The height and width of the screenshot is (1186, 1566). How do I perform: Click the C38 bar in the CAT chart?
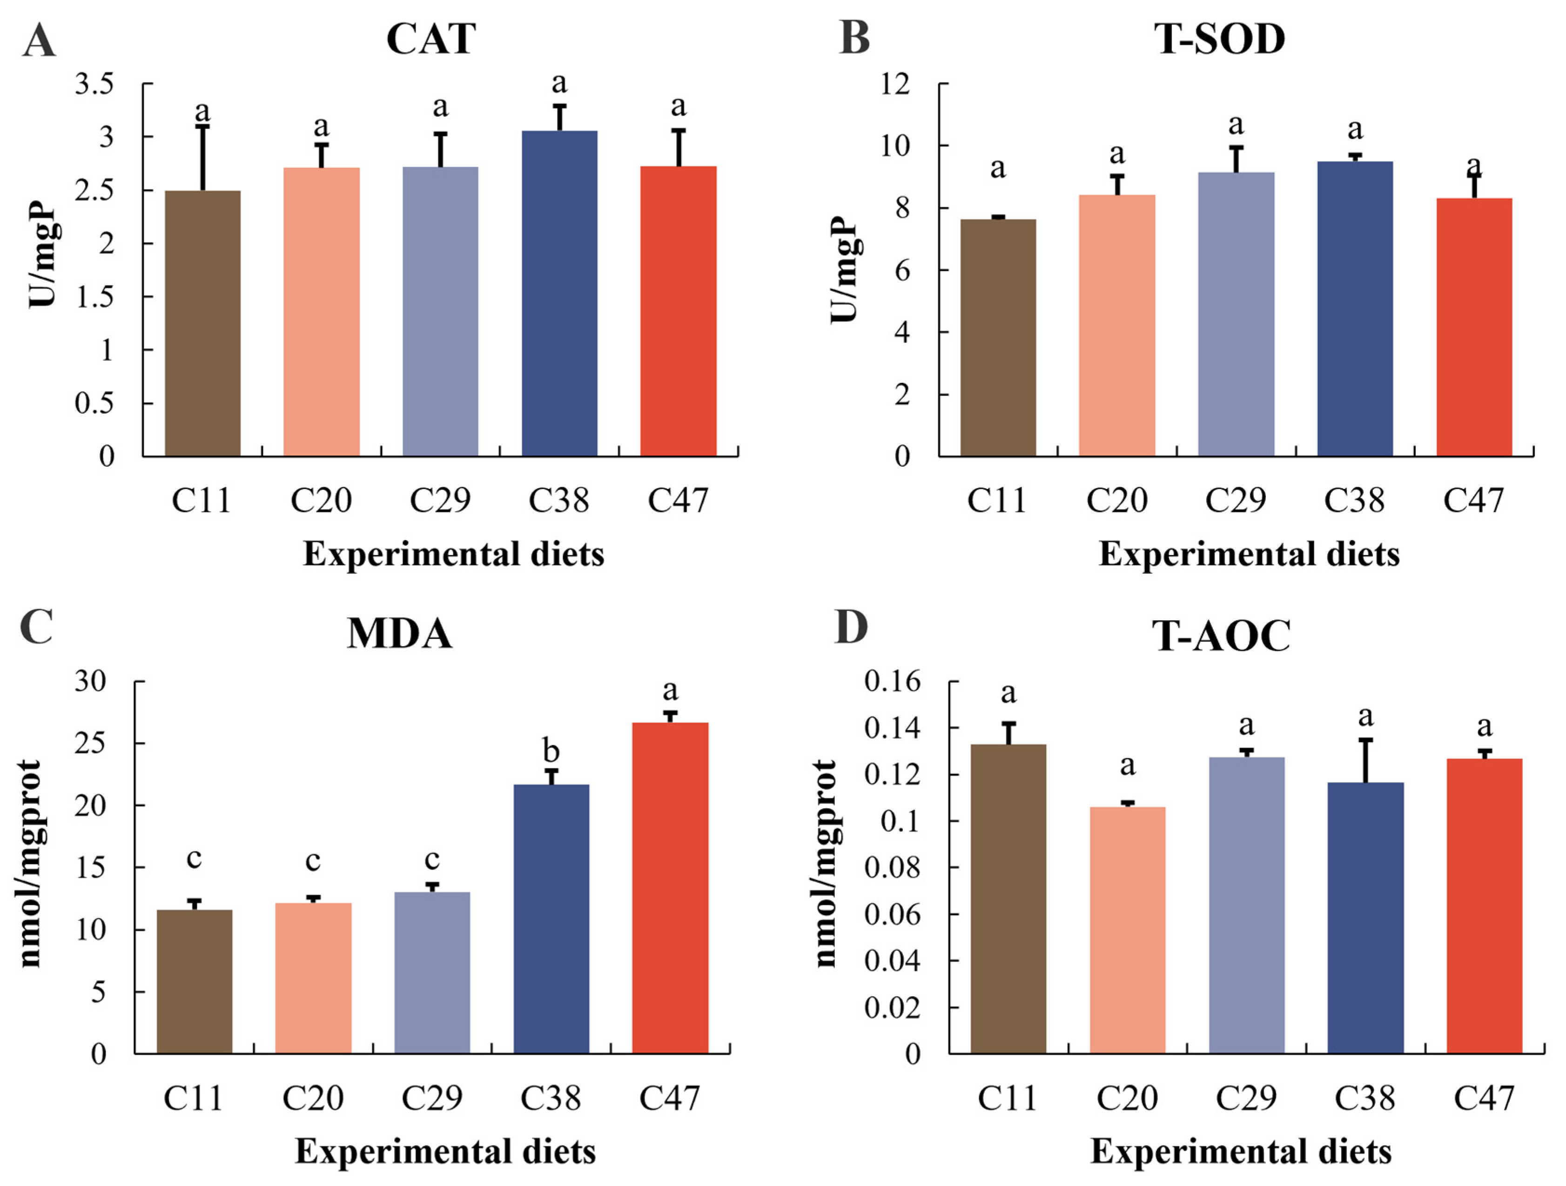[x=559, y=293]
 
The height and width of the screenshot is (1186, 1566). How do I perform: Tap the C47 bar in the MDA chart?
[x=671, y=888]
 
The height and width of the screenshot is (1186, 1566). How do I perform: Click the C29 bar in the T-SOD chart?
[x=1236, y=314]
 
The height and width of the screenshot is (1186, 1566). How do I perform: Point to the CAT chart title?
[x=431, y=39]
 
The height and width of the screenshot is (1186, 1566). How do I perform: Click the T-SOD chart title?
[x=1220, y=39]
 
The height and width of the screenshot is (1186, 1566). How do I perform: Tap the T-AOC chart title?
[x=1221, y=636]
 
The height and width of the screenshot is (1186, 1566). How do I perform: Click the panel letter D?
[x=852, y=627]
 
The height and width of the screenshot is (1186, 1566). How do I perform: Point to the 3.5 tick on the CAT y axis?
[x=95, y=84]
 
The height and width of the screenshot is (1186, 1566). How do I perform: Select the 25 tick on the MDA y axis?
[x=91, y=743]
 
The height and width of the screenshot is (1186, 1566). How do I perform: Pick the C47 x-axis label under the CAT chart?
[x=678, y=500]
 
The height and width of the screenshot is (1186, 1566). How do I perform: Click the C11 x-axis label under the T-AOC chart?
[x=1008, y=1098]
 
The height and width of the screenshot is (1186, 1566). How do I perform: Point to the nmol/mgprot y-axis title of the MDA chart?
[x=30, y=864]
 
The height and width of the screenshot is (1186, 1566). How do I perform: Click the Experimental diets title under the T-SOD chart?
[x=1250, y=554]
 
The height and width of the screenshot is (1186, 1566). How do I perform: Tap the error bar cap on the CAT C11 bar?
[x=202, y=127]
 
